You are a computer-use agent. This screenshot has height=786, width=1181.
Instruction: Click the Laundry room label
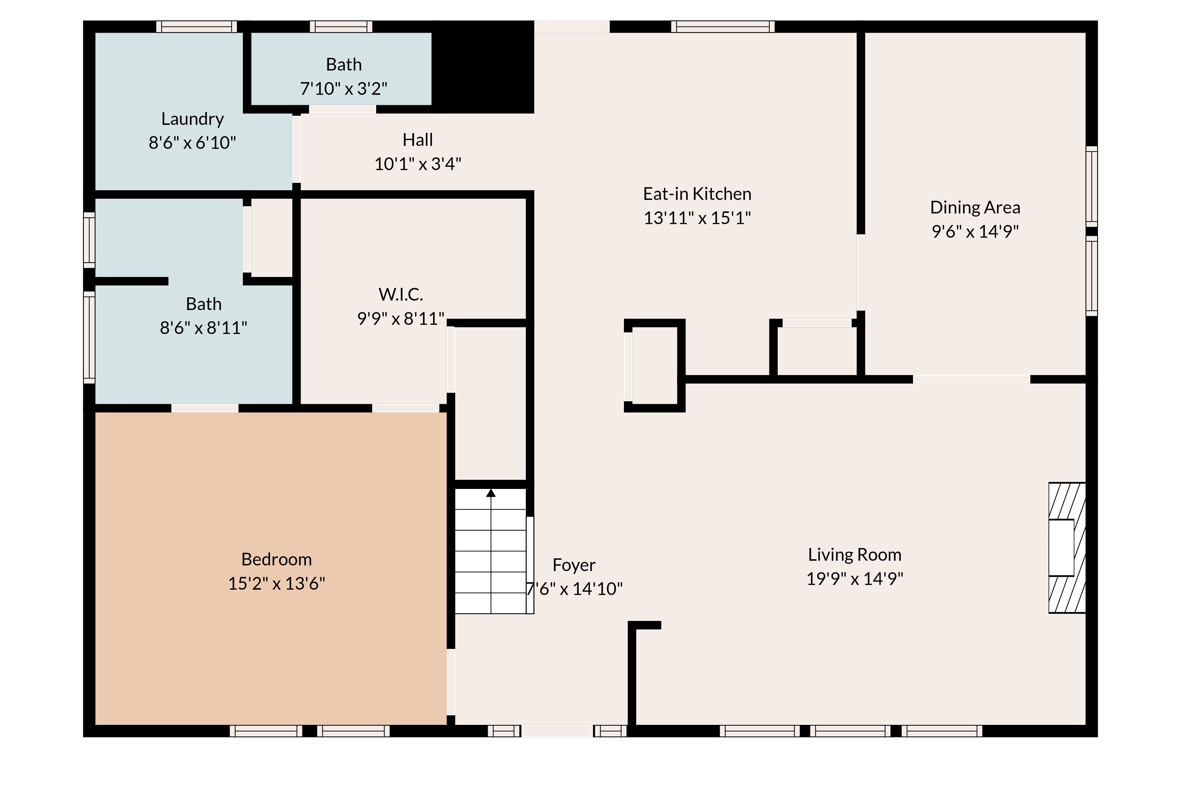[192, 119]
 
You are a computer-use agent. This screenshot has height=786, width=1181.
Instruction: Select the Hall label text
[417, 140]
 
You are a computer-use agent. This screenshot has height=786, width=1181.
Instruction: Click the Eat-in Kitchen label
[697, 194]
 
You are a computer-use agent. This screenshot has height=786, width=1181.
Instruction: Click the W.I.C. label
[401, 295]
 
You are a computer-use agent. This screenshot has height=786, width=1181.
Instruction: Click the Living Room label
[854, 555]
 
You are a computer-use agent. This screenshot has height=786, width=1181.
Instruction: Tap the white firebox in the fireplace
[1061, 547]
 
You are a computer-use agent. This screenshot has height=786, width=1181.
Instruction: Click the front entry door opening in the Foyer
[557, 731]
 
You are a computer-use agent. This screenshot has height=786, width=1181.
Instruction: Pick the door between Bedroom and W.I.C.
[405, 408]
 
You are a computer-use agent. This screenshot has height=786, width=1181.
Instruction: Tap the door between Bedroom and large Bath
[205, 408]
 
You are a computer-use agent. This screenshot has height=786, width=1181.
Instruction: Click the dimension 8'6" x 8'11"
[203, 328]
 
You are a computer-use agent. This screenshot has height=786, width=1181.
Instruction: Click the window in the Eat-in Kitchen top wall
[722, 27]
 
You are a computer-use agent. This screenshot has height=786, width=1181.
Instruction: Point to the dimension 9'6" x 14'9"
[975, 231]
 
